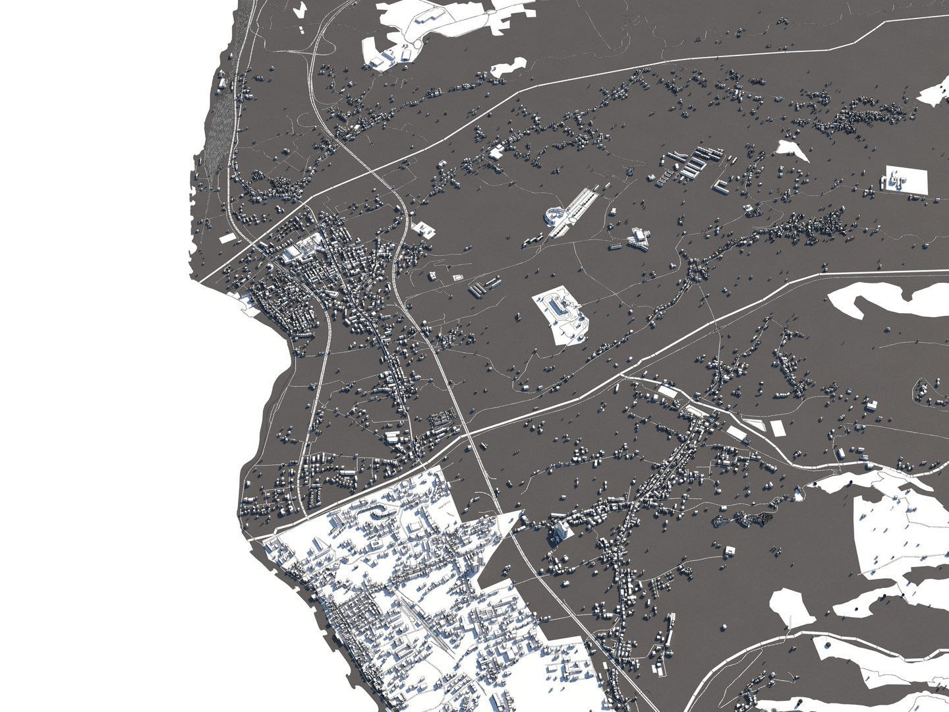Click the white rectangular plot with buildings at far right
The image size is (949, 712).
point(906,179)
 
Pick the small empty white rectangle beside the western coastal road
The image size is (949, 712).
point(227,238)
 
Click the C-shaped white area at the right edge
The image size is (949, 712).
point(877,300)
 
